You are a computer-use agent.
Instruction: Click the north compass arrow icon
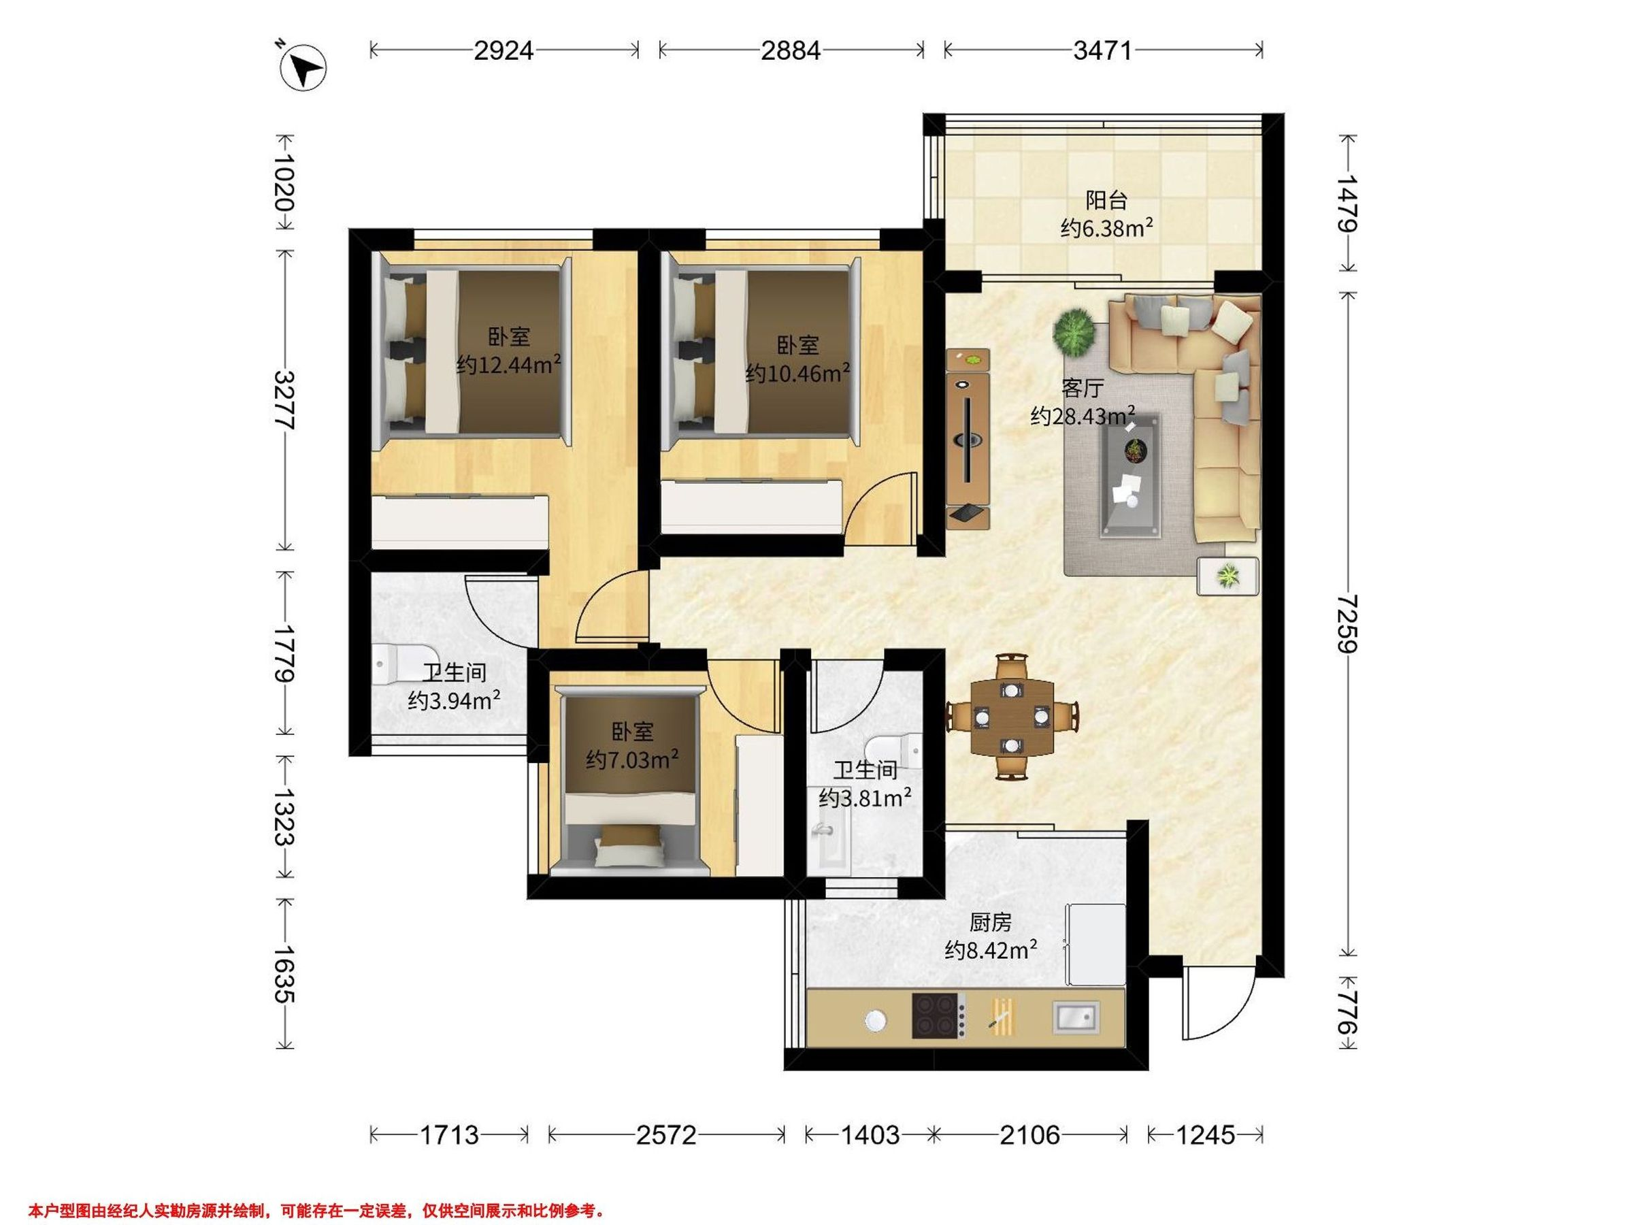[x=303, y=68]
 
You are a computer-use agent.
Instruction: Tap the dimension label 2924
[x=504, y=50]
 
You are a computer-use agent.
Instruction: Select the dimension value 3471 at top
[x=1102, y=50]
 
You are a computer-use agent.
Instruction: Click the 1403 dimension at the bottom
[x=870, y=1134]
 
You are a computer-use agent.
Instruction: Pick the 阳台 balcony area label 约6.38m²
[x=1106, y=228]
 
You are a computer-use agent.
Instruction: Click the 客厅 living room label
[x=1083, y=388]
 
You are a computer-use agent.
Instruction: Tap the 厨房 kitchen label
[x=990, y=923]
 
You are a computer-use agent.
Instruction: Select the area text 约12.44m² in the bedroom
[x=509, y=364]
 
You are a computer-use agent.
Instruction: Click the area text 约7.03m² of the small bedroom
[x=633, y=759]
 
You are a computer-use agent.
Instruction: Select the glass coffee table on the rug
[x=1129, y=476]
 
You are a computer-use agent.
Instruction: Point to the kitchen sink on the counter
[x=1076, y=1016]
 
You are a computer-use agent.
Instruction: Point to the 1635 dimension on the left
[x=285, y=974]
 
